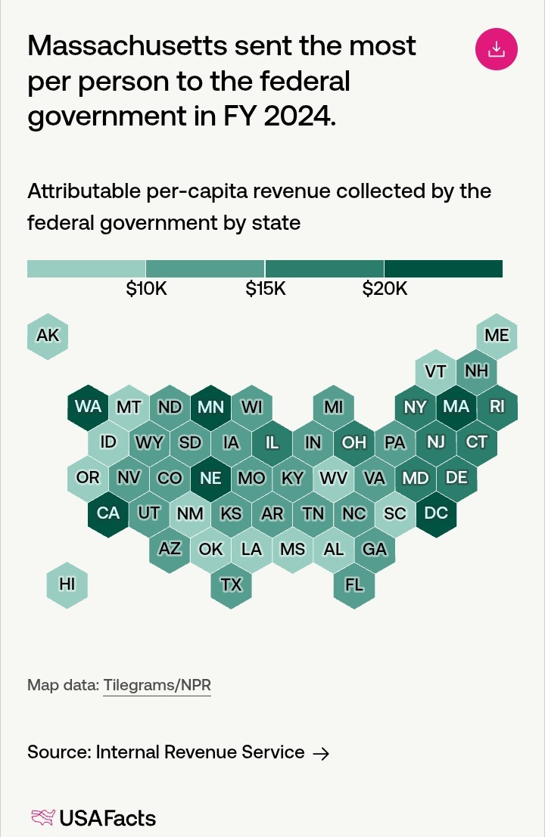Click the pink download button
[x=496, y=49]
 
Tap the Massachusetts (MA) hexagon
[x=456, y=407]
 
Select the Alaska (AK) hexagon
[x=48, y=335]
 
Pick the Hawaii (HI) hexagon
[x=67, y=584]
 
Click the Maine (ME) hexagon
[x=497, y=335]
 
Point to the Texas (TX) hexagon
[x=231, y=584]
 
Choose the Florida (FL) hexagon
[x=354, y=584]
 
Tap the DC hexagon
[x=436, y=513]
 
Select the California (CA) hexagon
[x=108, y=513]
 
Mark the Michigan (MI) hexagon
[x=334, y=407]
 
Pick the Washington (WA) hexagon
[x=89, y=407]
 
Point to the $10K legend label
[x=146, y=289]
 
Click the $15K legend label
[x=266, y=289]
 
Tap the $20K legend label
[x=385, y=289]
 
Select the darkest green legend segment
[x=443, y=268]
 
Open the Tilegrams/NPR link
[x=157, y=685]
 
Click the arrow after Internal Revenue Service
[x=321, y=753]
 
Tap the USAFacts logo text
[x=107, y=817]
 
